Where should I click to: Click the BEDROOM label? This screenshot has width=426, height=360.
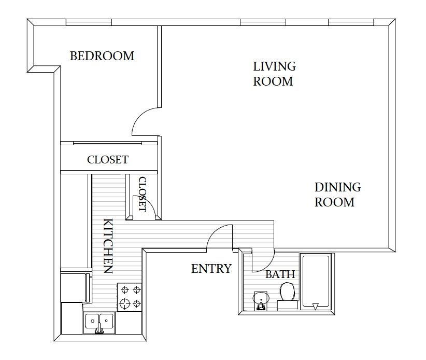(102, 56)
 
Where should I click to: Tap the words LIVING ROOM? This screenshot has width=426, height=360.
(274, 74)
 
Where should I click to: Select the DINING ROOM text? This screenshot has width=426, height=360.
(337, 195)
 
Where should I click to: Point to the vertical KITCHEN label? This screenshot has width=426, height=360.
(108, 245)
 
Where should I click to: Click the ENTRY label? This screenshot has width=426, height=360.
(211, 269)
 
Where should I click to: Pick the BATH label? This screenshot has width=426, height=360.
(280, 274)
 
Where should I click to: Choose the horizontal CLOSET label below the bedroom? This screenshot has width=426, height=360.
(107, 160)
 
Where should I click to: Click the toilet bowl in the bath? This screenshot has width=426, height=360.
(287, 290)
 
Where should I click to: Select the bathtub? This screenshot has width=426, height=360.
(316, 283)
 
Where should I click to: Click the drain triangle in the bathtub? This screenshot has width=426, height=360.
(316, 306)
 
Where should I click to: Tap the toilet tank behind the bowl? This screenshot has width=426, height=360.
(287, 305)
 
